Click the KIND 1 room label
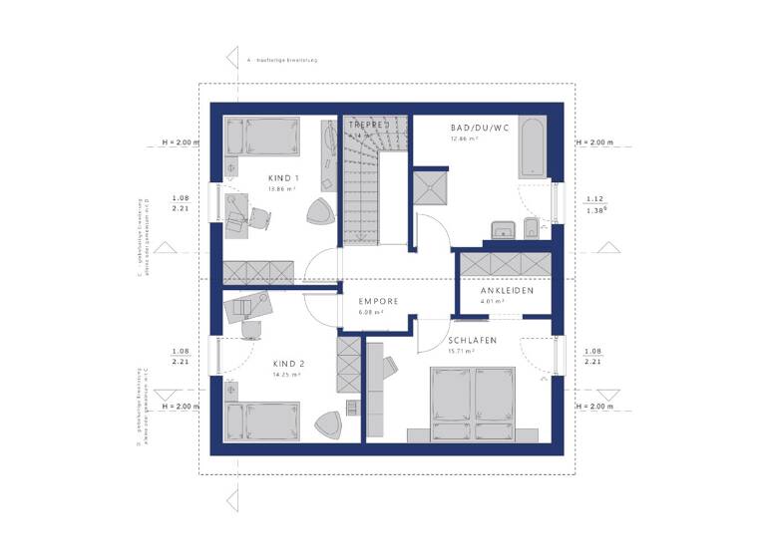pyautogui.click(x=282, y=178)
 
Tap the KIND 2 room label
pyautogui.click(x=288, y=364)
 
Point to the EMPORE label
pyautogui.click(x=379, y=301)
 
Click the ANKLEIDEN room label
pyautogui.click(x=507, y=291)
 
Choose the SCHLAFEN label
pyautogui.click(x=472, y=340)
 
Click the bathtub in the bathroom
pyautogui.click(x=530, y=148)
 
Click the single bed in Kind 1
pyautogui.click(x=261, y=136)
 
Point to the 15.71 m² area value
pyautogui.click(x=472, y=351)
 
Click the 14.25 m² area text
pyautogui.click(x=287, y=375)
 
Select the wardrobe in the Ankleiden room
pyautogui.click(x=505, y=262)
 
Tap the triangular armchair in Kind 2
pyautogui.click(x=329, y=424)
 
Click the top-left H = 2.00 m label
pyautogui.click(x=180, y=142)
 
